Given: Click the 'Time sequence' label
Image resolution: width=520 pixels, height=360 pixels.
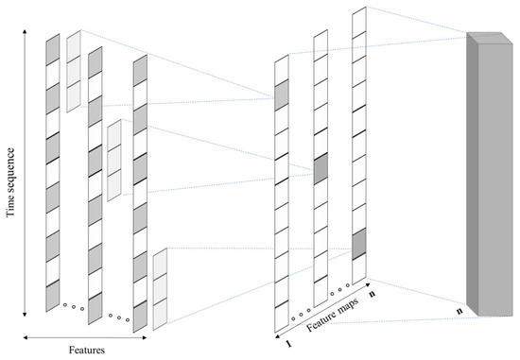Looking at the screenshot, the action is [x=10, y=182].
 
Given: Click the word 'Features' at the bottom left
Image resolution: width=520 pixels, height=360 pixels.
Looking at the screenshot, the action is [x=87, y=350].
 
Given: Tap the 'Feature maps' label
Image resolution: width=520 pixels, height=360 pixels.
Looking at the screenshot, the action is [x=332, y=315].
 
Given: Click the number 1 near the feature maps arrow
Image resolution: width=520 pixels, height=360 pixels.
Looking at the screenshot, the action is [x=289, y=344].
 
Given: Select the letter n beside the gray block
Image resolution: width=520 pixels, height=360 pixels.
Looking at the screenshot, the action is [x=459, y=311].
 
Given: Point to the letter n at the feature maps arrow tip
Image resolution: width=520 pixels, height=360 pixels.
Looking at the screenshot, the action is [x=373, y=293].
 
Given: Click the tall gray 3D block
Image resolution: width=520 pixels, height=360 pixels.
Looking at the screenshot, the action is [x=490, y=174].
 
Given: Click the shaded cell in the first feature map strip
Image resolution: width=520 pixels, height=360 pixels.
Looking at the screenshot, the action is [x=282, y=95].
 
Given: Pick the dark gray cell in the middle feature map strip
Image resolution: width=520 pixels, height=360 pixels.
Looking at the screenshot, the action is [x=321, y=169].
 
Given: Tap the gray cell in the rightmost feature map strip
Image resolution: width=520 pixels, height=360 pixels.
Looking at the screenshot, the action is [x=359, y=244].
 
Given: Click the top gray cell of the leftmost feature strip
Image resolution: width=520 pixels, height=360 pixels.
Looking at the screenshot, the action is [x=53, y=49].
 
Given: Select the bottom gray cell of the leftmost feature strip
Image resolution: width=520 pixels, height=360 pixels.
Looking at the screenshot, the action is [x=53, y=296].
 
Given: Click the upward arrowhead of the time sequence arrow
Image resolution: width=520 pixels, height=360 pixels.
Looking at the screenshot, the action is [x=25, y=32].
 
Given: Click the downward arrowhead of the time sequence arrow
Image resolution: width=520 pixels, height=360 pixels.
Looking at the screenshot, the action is [x=25, y=314].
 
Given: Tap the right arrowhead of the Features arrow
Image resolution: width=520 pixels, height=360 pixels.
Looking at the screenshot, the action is [x=144, y=337].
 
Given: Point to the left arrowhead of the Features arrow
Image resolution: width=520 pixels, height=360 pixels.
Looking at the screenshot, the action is [x=26, y=337].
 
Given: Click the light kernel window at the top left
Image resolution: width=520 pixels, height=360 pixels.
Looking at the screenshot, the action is [x=74, y=71].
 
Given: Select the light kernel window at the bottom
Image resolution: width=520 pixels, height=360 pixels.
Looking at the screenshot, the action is [x=160, y=289].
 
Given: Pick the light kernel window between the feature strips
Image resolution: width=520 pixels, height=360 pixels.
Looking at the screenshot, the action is [x=114, y=161].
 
